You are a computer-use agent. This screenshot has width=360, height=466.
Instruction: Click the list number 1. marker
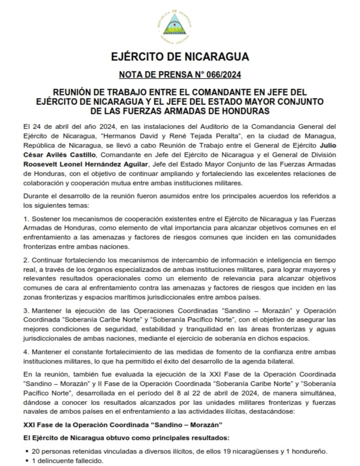[x=26, y=218]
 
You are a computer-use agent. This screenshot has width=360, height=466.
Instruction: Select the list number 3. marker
[x=26, y=310]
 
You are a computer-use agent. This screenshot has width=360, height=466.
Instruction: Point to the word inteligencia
[x=281, y=260]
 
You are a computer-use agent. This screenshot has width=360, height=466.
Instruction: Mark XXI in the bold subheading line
[x=30, y=425]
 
